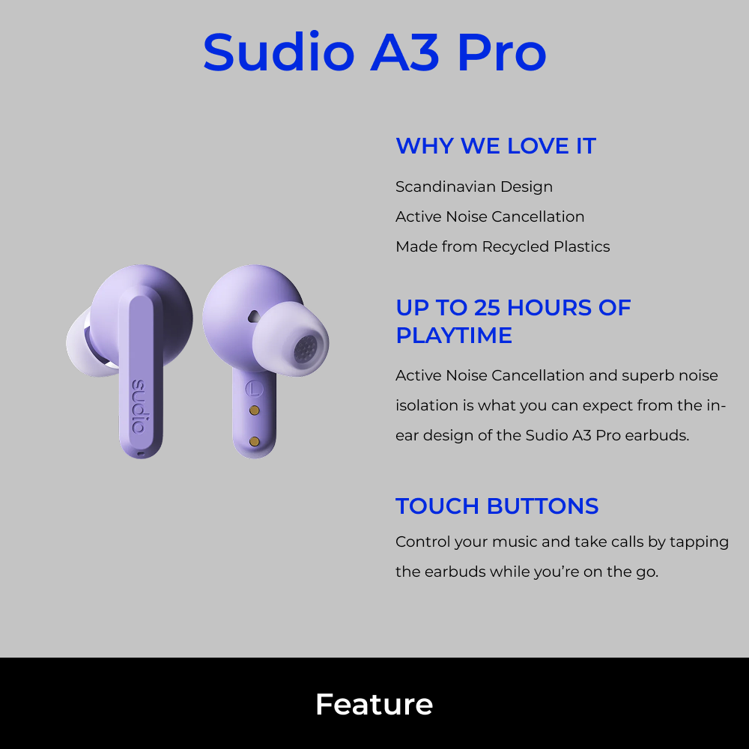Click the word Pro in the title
point(502,52)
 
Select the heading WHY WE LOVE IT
point(495,146)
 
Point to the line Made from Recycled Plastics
point(503,246)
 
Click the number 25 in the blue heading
point(488,308)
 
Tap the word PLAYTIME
point(454,336)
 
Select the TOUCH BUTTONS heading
point(497,506)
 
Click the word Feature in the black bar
point(374,705)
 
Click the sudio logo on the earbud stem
point(139,406)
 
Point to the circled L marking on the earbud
point(254,388)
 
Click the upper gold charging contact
point(254,410)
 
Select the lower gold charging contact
point(254,441)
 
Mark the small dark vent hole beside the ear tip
point(253,317)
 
